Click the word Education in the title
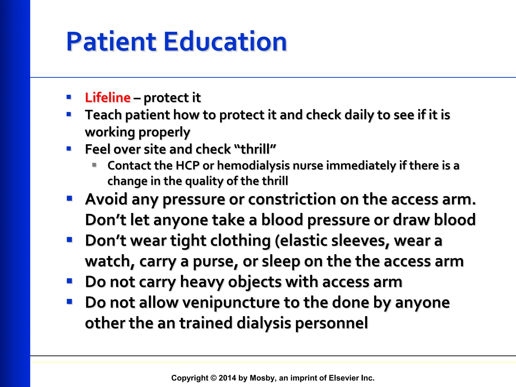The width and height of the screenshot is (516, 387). pyautogui.click(x=225, y=42)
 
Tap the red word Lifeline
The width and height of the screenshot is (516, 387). pyautogui.click(x=108, y=98)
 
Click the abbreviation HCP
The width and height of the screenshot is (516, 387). pyautogui.click(x=187, y=166)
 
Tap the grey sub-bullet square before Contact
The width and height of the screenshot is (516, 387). pyautogui.click(x=94, y=165)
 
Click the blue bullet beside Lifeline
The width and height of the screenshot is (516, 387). pyautogui.click(x=69, y=97)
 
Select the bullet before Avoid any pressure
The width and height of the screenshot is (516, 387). pyautogui.click(x=70, y=199)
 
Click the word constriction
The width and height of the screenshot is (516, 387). pyautogui.click(x=292, y=200)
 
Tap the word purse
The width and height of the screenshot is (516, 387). pyautogui.click(x=215, y=262)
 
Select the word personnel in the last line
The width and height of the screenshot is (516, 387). pyautogui.click(x=331, y=323)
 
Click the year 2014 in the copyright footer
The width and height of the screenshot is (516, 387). pyautogui.click(x=228, y=378)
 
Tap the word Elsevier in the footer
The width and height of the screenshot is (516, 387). pyautogui.click(x=344, y=378)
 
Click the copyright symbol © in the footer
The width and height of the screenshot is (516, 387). pyautogui.click(x=213, y=378)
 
